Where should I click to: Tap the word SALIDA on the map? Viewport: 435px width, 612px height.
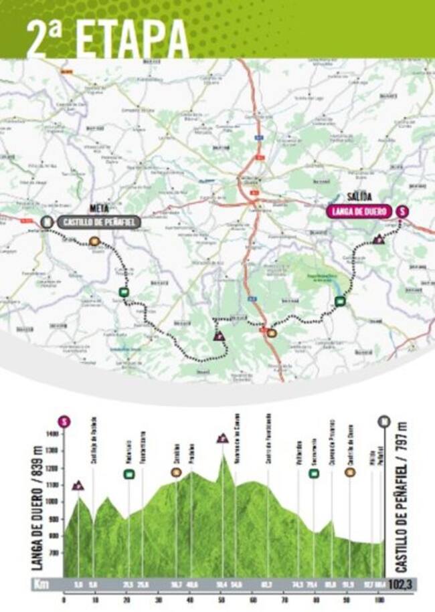(x=359, y=195)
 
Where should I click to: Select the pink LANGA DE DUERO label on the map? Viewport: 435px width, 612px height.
(x=359, y=211)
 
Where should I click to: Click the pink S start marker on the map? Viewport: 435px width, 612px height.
(x=402, y=211)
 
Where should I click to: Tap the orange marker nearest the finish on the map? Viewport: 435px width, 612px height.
(x=94, y=241)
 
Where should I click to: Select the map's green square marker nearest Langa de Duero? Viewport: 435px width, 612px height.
(x=340, y=301)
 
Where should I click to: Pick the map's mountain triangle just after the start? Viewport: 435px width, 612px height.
(x=379, y=239)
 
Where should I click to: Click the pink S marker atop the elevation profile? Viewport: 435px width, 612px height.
(x=64, y=421)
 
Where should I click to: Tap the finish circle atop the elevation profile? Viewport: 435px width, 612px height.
(x=383, y=421)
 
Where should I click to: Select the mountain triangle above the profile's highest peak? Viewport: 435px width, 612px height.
(x=222, y=439)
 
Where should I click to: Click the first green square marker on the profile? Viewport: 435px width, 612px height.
(x=128, y=474)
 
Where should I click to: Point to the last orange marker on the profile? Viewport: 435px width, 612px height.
(x=349, y=472)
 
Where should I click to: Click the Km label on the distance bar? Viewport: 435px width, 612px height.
(x=41, y=584)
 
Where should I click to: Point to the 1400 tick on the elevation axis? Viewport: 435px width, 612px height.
(x=52, y=434)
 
